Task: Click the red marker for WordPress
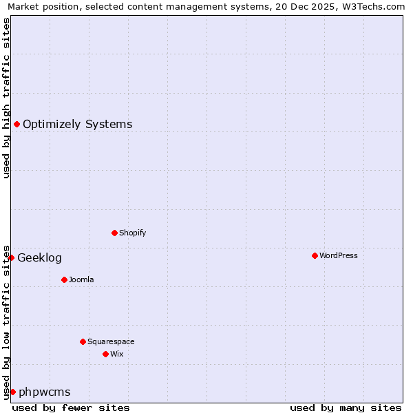pyautogui.click(x=315, y=255)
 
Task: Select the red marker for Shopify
pyautogui.click(x=114, y=233)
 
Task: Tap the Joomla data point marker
pyautogui.click(x=64, y=279)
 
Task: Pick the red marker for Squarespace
pyautogui.click(x=83, y=341)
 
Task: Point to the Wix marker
pyautogui.click(x=105, y=354)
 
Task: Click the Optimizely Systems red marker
pyautogui.click(x=17, y=124)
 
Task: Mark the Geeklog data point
pyautogui.click(x=11, y=257)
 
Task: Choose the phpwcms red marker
pyautogui.click(x=12, y=392)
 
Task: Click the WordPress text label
pyautogui.click(x=339, y=255)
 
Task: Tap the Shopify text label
pyautogui.click(x=133, y=233)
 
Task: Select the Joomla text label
pyautogui.click(x=81, y=279)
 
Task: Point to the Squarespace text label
pyautogui.click(x=111, y=341)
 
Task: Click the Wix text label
pyautogui.click(x=116, y=354)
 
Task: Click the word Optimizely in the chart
pyautogui.click(x=52, y=125)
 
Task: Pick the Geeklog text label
pyautogui.click(x=39, y=258)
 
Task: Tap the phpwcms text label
pyautogui.click(x=44, y=392)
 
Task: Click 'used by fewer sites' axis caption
pyautogui.click(x=71, y=407)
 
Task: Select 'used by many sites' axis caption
pyautogui.click(x=346, y=407)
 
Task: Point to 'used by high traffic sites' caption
pyautogui.click(x=6, y=98)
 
